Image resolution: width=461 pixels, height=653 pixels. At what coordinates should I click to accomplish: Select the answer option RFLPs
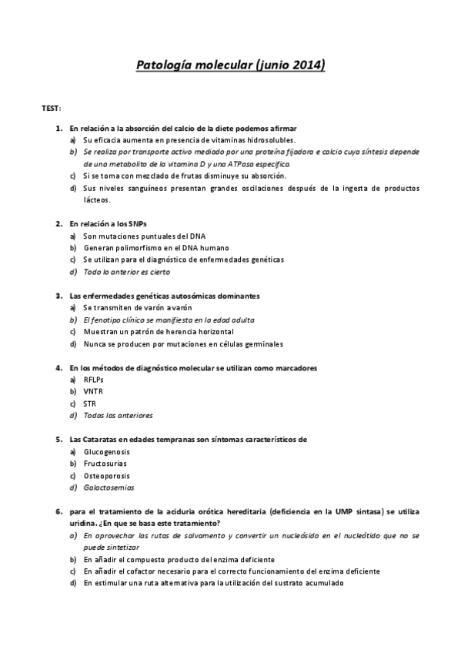pyautogui.click(x=93, y=380)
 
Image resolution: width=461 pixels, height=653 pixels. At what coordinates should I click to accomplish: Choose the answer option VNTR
pyautogui.click(x=92, y=391)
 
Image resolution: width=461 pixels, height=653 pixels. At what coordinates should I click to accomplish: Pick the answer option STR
pyautogui.click(x=90, y=403)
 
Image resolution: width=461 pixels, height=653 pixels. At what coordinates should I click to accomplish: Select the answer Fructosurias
pyautogui.click(x=105, y=463)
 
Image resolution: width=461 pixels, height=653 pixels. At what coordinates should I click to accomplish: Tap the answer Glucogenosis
pyautogui.click(x=106, y=451)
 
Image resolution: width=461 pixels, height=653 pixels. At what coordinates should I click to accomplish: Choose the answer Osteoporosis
pyautogui.click(x=106, y=475)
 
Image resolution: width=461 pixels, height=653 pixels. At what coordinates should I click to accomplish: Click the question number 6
pyautogui.click(x=58, y=511)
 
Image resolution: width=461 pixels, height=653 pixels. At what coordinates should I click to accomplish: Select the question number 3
pyautogui.click(x=58, y=295)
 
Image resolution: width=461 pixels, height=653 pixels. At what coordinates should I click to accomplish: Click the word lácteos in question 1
pyautogui.click(x=97, y=199)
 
